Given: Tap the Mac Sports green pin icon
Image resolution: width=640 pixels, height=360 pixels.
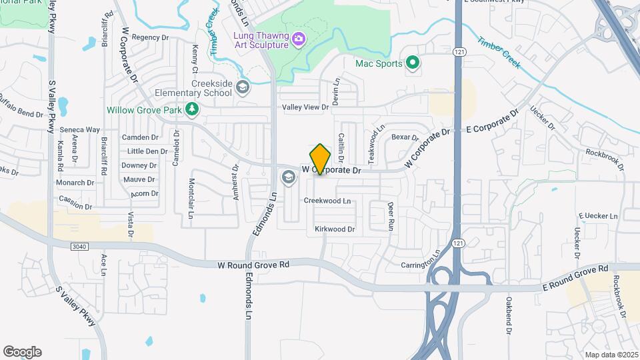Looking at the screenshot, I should pyautogui.click(x=413, y=63).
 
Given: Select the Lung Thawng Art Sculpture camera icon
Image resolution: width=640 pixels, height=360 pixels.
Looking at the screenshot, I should pyautogui.click(x=298, y=39).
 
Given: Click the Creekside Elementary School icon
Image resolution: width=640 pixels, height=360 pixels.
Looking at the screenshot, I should pyautogui.click(x=243, y=87).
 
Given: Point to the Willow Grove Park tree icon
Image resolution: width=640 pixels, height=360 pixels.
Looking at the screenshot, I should pyautogui.click(x=192, y=109).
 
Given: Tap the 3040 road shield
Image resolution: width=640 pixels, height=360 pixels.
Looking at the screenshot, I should pyautogui.click(x=79, y=247).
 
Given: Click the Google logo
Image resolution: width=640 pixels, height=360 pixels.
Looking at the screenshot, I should pyautogui.click(x=22, y=352).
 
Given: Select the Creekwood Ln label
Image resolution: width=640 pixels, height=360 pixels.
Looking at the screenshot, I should pyautogui.click(x=327, y=201).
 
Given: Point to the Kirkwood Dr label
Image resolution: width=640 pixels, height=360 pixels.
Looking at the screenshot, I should pyautogui.click(x=335, y=229).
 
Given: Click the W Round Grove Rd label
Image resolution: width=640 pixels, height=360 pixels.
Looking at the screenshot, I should pyautogui.click(x=253, y=265).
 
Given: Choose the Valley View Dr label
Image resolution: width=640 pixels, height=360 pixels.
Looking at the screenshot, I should pyautogui.click(x=305, y=107).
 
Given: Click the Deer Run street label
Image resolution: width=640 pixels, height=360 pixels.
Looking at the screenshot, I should pyautogui.click(x=391, y=216).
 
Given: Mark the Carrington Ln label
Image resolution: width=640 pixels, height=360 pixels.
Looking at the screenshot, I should pyautogui.click(x=421, y=261).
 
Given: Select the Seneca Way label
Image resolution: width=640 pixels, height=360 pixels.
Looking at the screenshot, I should pyautogui.click(x=79, y=130).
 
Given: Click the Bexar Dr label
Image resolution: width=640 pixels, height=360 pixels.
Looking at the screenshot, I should pyautogui.click(x=405, y=137).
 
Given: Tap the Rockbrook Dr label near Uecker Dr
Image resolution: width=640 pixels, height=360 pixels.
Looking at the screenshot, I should pyautogui.click(x=604, y=155).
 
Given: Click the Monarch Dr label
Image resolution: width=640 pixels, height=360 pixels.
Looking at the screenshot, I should pyautogui.click(x=75, y=183).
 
